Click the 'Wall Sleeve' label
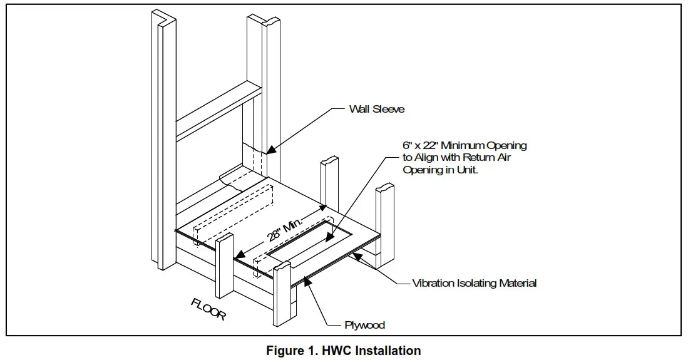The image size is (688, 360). (x=376, y=109)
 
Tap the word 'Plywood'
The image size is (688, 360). (x=364, y=325)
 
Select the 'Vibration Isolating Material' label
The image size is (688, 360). (x=474, y=283)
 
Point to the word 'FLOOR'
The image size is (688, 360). (x=208, y=309)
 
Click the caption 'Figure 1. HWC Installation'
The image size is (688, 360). (x=343, y=351)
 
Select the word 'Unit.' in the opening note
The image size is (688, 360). (x=466, y=170)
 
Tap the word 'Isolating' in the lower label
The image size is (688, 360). (x=476, y=283)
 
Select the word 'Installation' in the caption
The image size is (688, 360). (x=391, y=351)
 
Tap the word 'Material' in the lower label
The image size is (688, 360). (x=518, y=283)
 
